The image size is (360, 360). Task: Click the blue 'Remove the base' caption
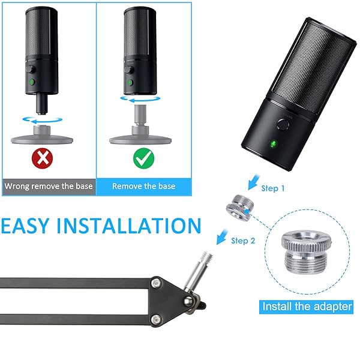coord(144,186)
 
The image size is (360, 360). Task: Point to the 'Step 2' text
coord(244,241)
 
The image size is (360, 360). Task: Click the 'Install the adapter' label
coord(307,306)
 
